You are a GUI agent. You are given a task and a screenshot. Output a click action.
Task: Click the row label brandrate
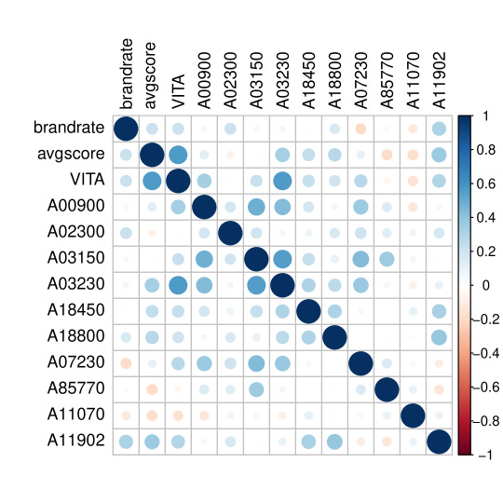pos(69,128)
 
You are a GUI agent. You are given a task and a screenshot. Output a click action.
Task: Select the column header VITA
pos(179,91)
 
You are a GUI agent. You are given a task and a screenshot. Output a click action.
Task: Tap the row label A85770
pos(76,388)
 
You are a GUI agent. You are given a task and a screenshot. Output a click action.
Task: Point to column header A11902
pos(439,80)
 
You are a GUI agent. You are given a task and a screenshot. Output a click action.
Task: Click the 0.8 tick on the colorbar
pos(486,150)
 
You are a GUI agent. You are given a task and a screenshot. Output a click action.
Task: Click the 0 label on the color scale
pos(486,285)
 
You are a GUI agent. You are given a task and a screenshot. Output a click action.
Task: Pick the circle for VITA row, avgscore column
pos(152,181)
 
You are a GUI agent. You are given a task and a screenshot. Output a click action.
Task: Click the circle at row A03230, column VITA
pos(178,285)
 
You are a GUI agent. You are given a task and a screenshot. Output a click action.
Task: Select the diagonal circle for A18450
pos(308,311)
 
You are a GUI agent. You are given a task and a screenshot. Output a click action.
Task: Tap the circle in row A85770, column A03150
pos(256,389)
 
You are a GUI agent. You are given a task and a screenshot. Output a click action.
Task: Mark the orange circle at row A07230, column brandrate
pos(126,363)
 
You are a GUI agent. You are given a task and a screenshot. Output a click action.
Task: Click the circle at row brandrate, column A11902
pos(439,129)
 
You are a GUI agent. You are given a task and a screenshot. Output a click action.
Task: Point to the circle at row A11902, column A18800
pos(334,442)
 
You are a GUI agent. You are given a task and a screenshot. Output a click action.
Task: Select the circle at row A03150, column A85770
pos(387,259)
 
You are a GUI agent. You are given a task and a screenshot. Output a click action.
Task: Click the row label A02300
pos(76,232)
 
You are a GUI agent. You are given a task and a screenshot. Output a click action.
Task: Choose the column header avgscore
pos(150,75)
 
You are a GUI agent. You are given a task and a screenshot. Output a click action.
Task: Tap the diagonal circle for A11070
pos(414,415)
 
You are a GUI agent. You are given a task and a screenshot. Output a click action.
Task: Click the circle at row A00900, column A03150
pos(256,207)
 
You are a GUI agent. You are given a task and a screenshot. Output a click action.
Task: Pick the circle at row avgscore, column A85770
pos(387,155)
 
